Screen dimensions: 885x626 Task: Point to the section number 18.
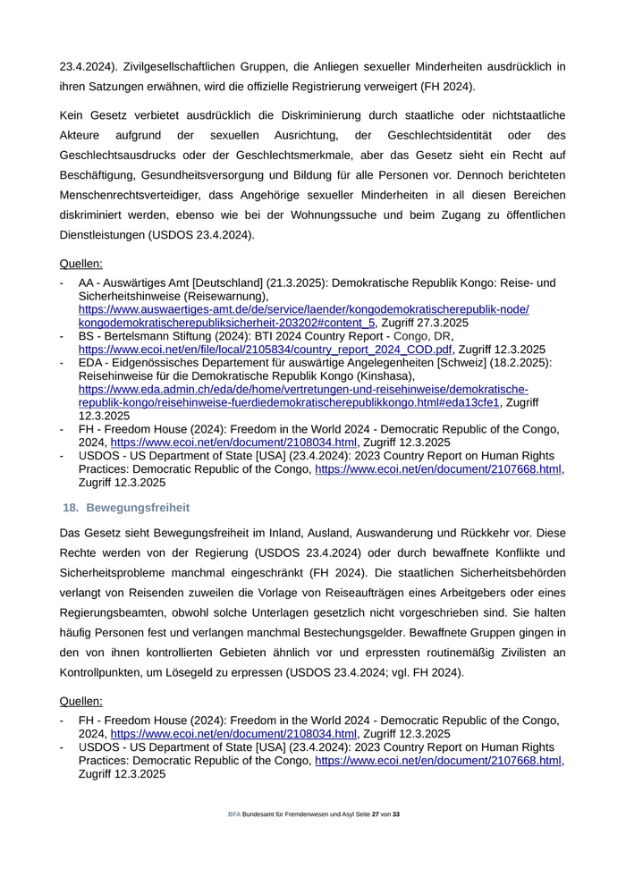pos(71,508)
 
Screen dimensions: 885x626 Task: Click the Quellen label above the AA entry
pos(80,264)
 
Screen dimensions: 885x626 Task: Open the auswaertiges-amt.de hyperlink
pos(303,309)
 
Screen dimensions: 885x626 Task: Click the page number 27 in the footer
pos(376,814)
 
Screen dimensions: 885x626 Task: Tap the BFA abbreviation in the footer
pos(234,814)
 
